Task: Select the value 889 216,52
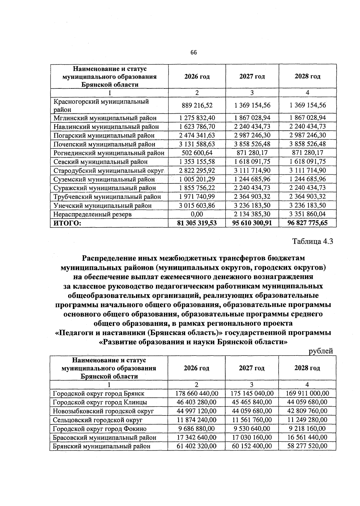point(197,106)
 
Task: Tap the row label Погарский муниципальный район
point(104,135)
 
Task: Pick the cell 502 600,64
point(197,153)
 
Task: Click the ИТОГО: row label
point(67,223)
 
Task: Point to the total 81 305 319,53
point(197,223)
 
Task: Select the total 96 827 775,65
point(307,223)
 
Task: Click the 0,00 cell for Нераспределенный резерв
point(197,214)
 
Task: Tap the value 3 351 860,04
point(307,214)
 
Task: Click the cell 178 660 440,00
point(196,393)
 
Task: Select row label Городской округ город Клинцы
point(100,402)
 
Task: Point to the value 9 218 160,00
point(307,429)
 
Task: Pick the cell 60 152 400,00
point(252,446)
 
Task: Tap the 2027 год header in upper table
point(252,76)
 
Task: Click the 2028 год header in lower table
point(307,368)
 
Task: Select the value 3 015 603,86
point(197,206)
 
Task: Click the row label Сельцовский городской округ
point(98,420)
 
